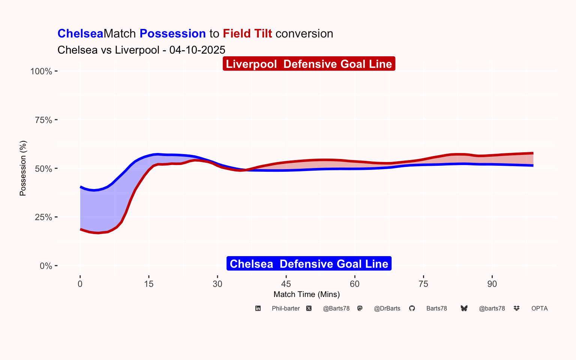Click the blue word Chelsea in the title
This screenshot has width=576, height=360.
(80, 34)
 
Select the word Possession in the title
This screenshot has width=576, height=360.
(172, 34)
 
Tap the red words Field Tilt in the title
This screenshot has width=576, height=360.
(247, 34)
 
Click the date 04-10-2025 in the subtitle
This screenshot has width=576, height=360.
(197, 50)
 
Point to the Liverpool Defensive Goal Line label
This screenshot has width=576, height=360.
(309, 64)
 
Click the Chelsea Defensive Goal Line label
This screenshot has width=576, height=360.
(309, 264)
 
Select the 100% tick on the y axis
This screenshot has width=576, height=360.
(41, 71)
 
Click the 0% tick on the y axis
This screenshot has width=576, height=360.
(46, 266)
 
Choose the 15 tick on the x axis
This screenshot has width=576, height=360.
(149, 284)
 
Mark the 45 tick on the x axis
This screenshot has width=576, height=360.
(286, 284)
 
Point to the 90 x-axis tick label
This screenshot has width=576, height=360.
(492, 284)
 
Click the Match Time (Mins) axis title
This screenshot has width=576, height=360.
(307, 294)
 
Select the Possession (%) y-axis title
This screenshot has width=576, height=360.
(23, 168)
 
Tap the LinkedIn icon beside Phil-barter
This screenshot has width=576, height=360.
(258, 308)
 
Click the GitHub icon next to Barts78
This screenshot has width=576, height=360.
(412, 308)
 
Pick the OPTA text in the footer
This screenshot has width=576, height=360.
(539, 308)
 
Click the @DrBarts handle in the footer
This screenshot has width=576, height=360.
(387, 308)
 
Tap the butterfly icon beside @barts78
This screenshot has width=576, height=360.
(464, 308)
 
